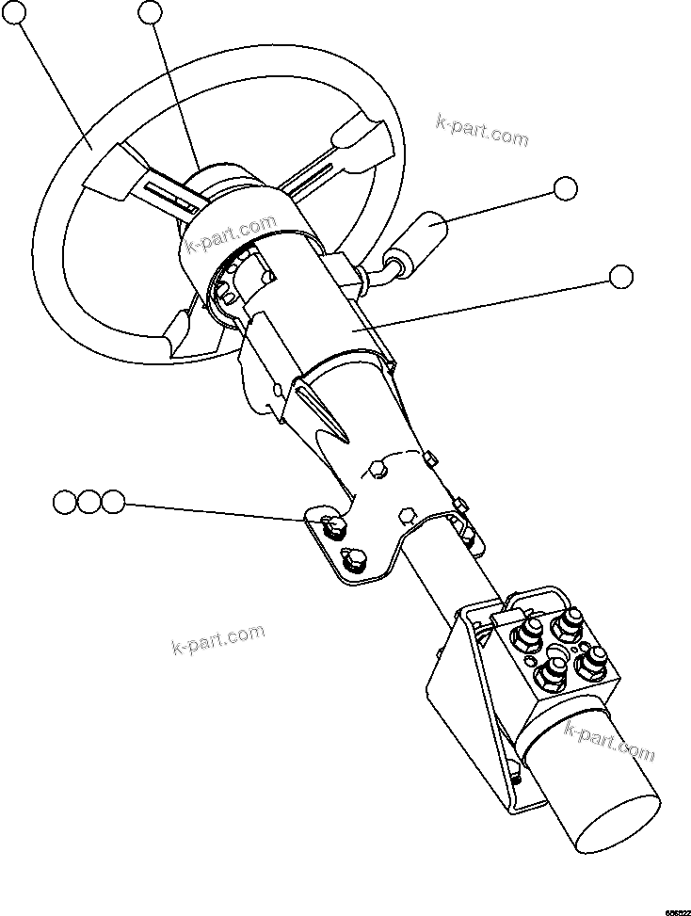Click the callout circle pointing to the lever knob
pyautogui.click(x=565, y=188)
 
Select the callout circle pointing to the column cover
pyautogui.click(x=620, y=277)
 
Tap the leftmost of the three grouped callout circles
pyautogui.click(x=65, y=502)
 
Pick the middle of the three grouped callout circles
pyautogui.click(x=88, y=502)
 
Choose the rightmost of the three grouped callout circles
pyautogui.click(x=113, y=502)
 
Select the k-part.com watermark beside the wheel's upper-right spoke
pyautogui.click(x=482, y=131)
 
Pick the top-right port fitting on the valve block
pyautogui.click(x=571, y=622)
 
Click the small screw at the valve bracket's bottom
pyautogui.click(x=517, y=777)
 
